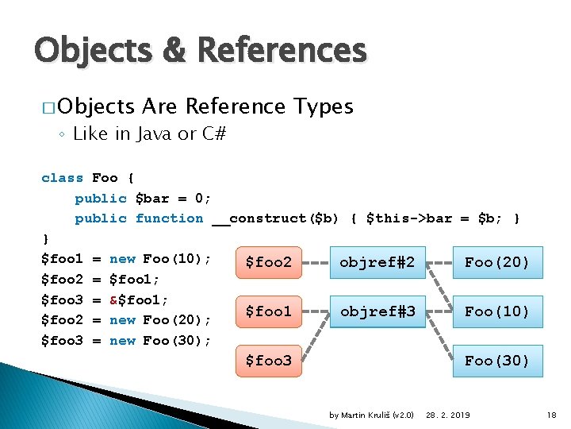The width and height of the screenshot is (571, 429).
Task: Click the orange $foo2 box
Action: click(269, 262)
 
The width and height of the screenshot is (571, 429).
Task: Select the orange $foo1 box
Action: click(269, 311)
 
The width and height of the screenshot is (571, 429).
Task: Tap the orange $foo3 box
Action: click(269, 361)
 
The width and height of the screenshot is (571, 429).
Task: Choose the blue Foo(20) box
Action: click(496, 262)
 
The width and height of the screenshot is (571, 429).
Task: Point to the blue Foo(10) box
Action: click(496, 311)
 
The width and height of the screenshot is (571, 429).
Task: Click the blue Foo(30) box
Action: click(496, 361)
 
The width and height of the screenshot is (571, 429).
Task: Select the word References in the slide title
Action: click(281, 51)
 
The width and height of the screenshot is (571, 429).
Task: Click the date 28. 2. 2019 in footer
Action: click(448, 415)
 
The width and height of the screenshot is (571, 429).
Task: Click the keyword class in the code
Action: click(62, 178)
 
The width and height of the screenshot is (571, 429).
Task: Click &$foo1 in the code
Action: click(138, 300)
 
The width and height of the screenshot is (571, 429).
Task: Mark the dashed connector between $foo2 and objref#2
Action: click(316, 262)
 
